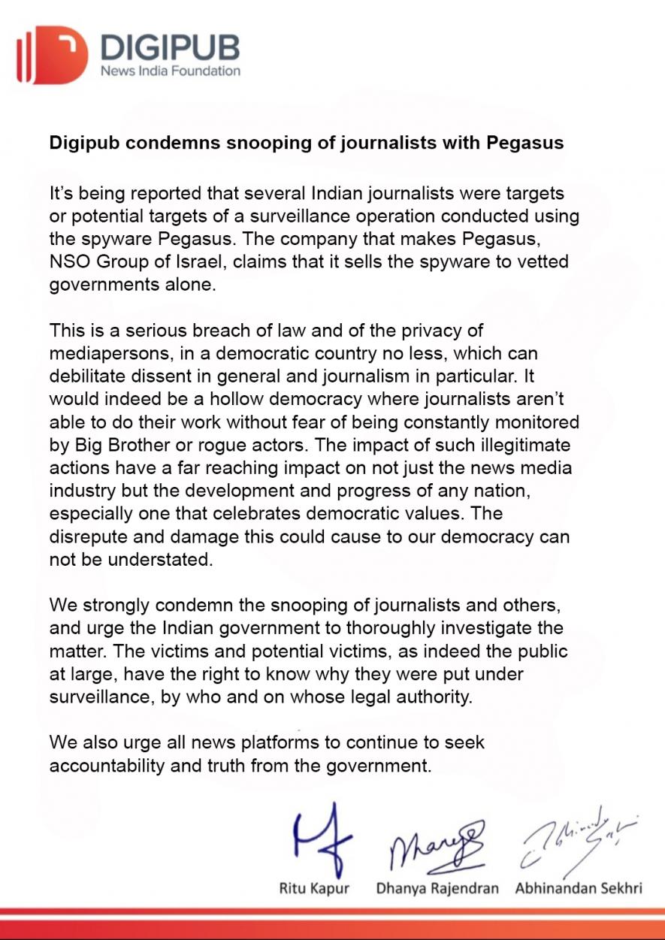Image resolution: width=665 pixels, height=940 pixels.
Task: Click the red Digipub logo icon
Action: click(x=52, y=54)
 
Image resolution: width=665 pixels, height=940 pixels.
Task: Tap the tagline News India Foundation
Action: click(x=171, y=71)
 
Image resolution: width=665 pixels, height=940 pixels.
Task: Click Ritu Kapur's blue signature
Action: click(x=320, y=836)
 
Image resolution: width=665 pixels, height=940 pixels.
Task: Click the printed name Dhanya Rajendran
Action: click(x=437, y=888)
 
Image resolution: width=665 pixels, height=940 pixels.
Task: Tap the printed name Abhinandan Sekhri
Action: click(x=578, y=888)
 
